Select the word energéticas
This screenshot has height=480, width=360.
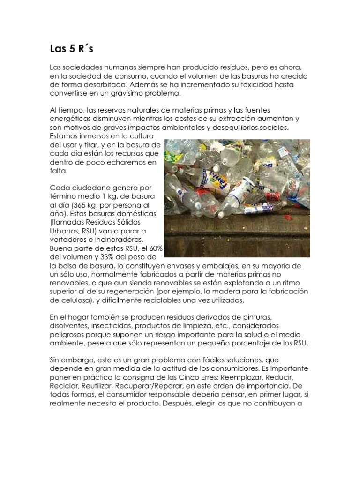70,119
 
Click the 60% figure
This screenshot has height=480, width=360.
155,248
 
